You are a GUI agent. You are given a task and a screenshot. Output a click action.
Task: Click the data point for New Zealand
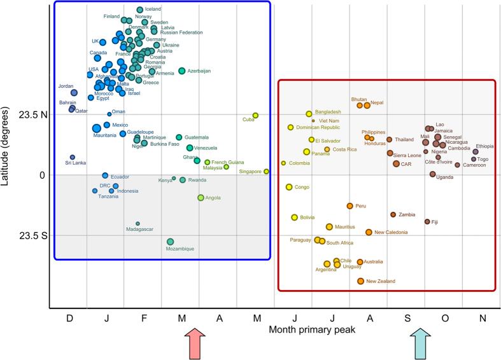pos(361,281)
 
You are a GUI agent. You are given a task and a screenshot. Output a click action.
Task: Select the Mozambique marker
pos(171,242)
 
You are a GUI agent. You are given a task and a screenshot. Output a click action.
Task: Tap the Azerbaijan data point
pos(182,71)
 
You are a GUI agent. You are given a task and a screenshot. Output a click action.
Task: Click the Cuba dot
pos(255,116)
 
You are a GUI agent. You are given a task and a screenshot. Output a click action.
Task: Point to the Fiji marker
pos(427,221)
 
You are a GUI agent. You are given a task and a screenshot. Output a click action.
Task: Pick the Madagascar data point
pos(138,223)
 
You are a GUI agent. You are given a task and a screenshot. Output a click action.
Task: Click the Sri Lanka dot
pos(73,157)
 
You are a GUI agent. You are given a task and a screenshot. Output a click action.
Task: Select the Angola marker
pos(201,198)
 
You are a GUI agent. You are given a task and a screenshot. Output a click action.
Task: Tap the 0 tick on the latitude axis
pos(43,175)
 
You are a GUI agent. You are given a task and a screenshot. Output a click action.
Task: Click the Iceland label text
pos(153,10)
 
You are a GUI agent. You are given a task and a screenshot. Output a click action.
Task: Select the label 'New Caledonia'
pos(391,233)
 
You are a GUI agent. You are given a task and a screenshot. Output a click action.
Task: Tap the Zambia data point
pos(393,215)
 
